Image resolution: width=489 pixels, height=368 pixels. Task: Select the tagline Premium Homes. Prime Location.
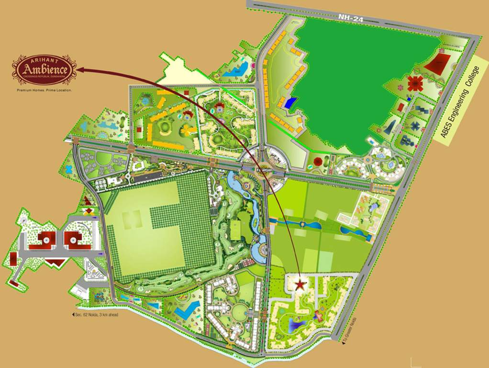44,90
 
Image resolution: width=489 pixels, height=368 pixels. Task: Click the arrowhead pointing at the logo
80,70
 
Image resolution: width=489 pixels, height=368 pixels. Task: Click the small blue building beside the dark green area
290,103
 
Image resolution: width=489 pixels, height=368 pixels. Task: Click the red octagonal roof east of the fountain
317,161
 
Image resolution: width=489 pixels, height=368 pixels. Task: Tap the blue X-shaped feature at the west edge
68,169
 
